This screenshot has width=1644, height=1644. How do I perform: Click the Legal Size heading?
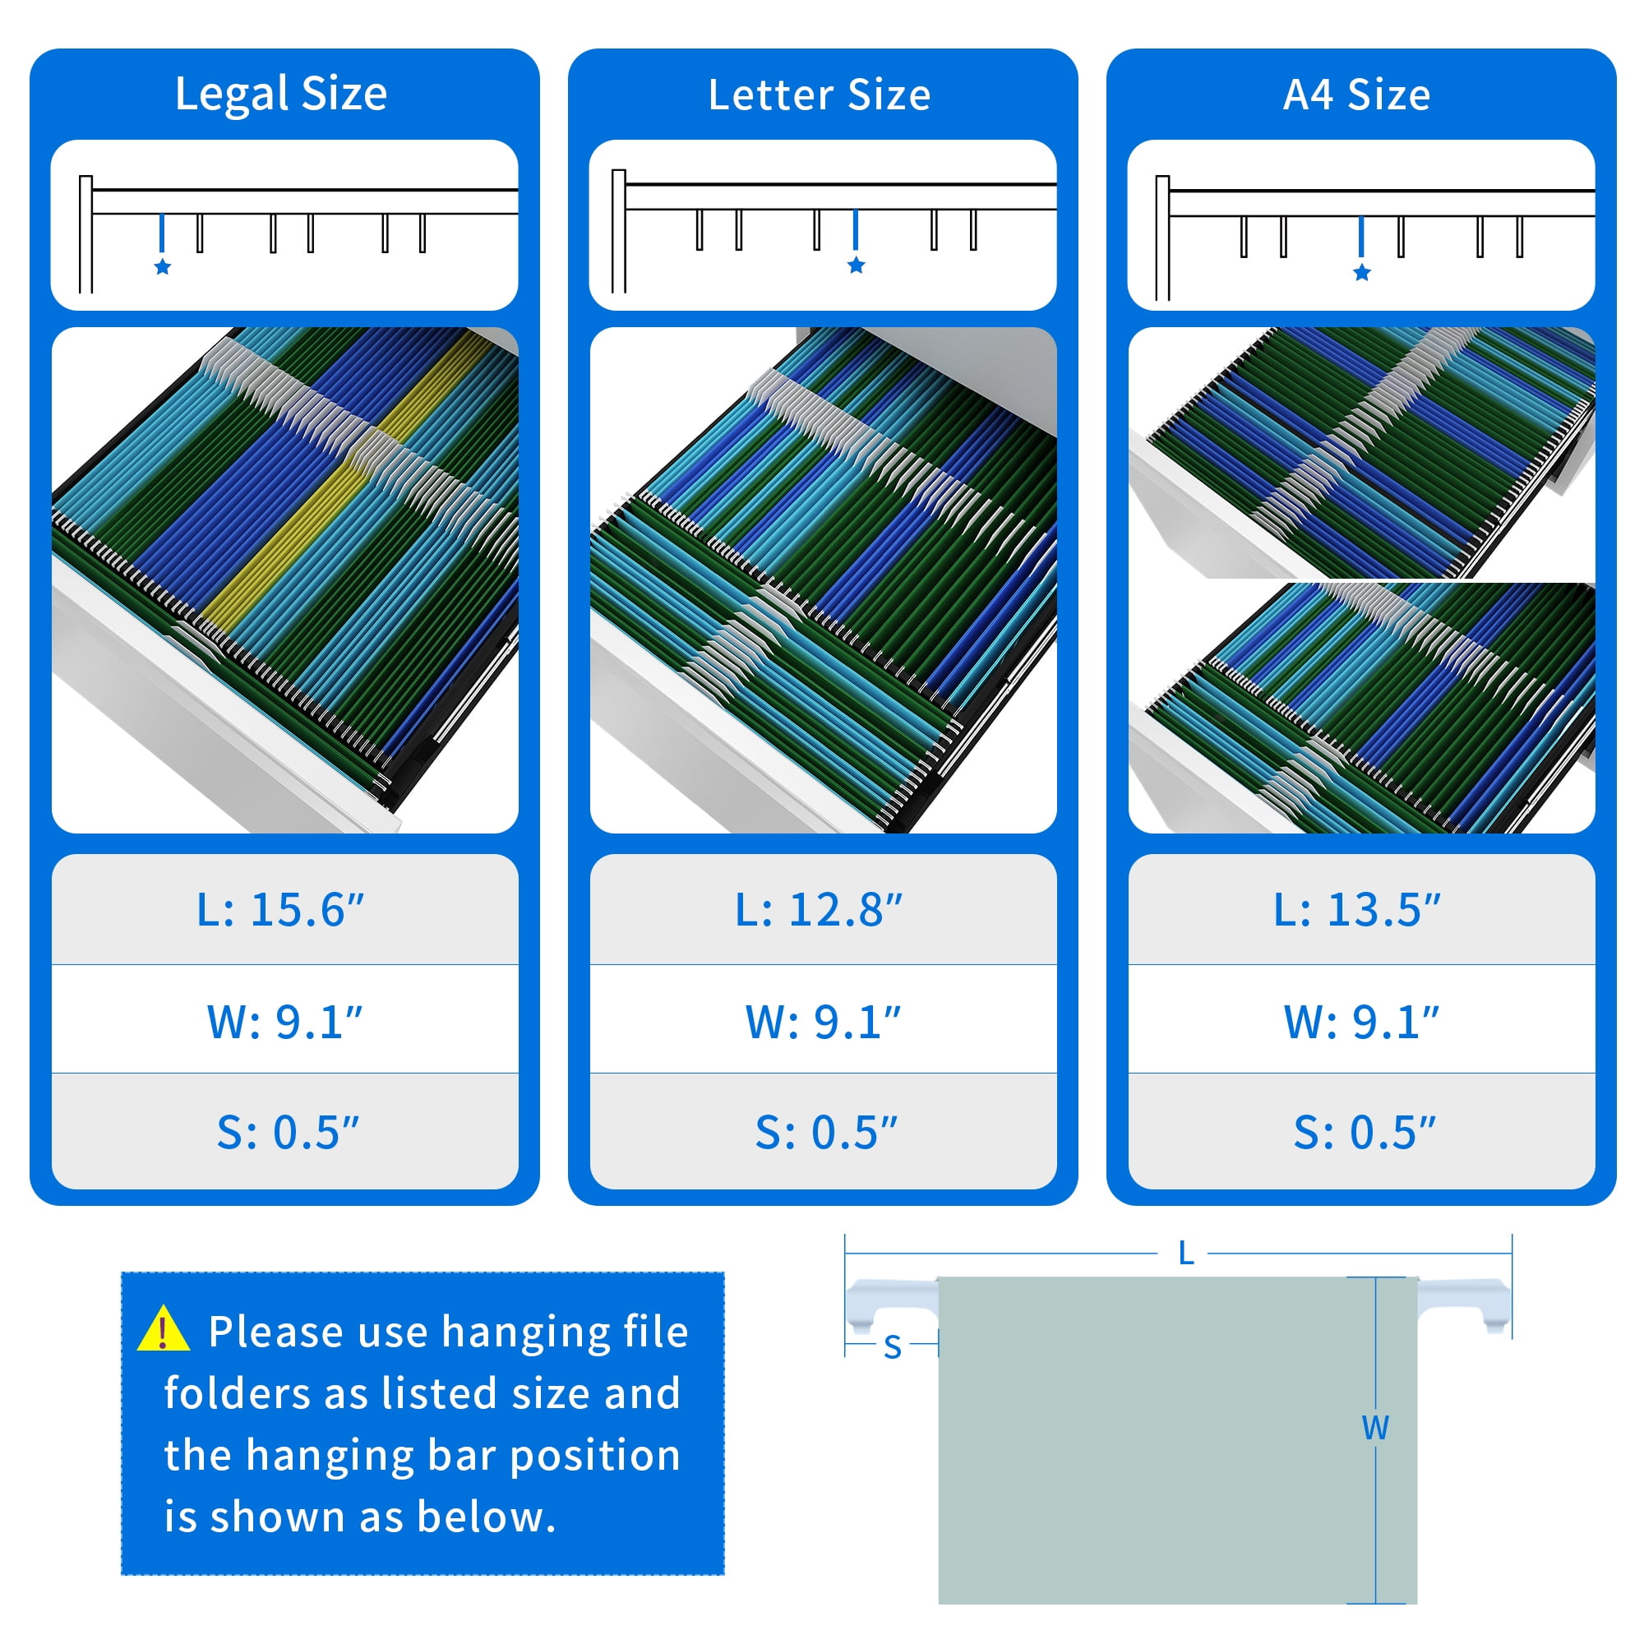281,95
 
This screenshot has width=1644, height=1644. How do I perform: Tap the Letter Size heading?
820,95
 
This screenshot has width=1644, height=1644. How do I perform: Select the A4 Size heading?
1357,95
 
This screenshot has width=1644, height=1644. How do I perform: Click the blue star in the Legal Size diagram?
163,267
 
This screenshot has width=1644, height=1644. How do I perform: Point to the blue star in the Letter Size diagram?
856,266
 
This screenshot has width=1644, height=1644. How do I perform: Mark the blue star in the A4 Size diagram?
1361,272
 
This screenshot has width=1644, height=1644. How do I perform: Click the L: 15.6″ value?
281,910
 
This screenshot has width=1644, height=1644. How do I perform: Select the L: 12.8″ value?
819,910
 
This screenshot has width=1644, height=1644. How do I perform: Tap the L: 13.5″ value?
1357,910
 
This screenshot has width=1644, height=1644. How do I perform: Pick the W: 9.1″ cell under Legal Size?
285,1021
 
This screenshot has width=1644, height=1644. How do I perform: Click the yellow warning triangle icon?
164,1330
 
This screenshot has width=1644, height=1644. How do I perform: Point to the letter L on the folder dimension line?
1186,1254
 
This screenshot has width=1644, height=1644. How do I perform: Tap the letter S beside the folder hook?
893,1348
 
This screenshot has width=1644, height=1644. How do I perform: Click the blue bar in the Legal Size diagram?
162,233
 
